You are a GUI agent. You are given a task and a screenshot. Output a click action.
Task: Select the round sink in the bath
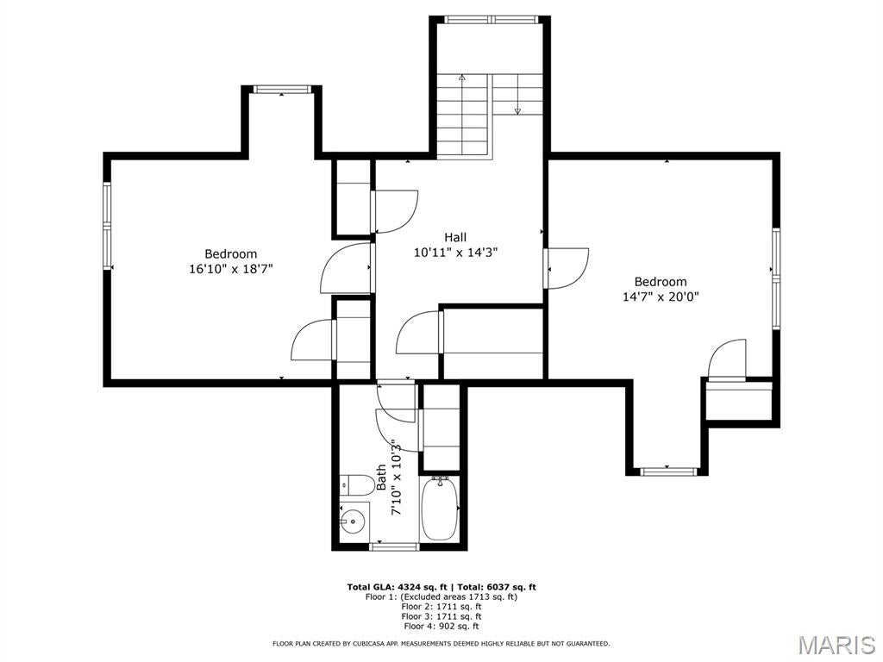coord(353,521)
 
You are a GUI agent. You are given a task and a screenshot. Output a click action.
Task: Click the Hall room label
coord(455,237)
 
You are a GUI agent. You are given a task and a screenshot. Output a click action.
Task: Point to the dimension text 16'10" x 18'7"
coord(230,269)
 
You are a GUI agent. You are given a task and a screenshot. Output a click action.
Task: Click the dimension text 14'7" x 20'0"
coord(661,297)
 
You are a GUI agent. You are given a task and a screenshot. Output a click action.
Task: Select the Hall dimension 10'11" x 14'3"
coord(455,253)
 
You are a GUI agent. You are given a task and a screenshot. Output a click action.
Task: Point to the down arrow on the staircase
coord(517,109)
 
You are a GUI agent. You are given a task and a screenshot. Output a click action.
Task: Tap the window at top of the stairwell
coord(491,19)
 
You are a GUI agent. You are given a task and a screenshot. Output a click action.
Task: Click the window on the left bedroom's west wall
coord(108,226)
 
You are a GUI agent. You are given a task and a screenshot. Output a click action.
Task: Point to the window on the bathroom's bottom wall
coord(394,546)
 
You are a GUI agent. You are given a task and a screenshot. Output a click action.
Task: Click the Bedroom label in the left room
coord(230,253)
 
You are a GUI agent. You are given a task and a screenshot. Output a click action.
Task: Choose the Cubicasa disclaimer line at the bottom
coord(441,643)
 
